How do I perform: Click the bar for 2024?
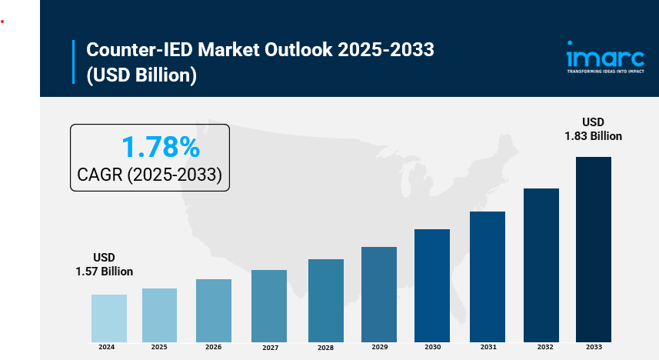tap(109, 318)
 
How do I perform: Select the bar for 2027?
tap(269, 305)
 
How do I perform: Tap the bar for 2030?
tap(431, 285)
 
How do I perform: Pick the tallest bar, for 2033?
tap(594, 248)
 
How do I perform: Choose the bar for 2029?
tap(379, 294)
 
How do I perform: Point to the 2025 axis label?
tap(159, 348)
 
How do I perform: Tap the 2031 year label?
tap(488, 348)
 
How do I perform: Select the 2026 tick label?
tap(213, 348)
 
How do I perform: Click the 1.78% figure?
tap(161, 146)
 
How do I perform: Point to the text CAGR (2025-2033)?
tap(150, 175)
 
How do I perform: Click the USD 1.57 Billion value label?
tap(104, 264)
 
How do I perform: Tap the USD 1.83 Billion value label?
tap(593, 128)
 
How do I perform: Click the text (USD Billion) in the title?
tap(141, 75)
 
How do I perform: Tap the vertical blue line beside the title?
tap(74, 62)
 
